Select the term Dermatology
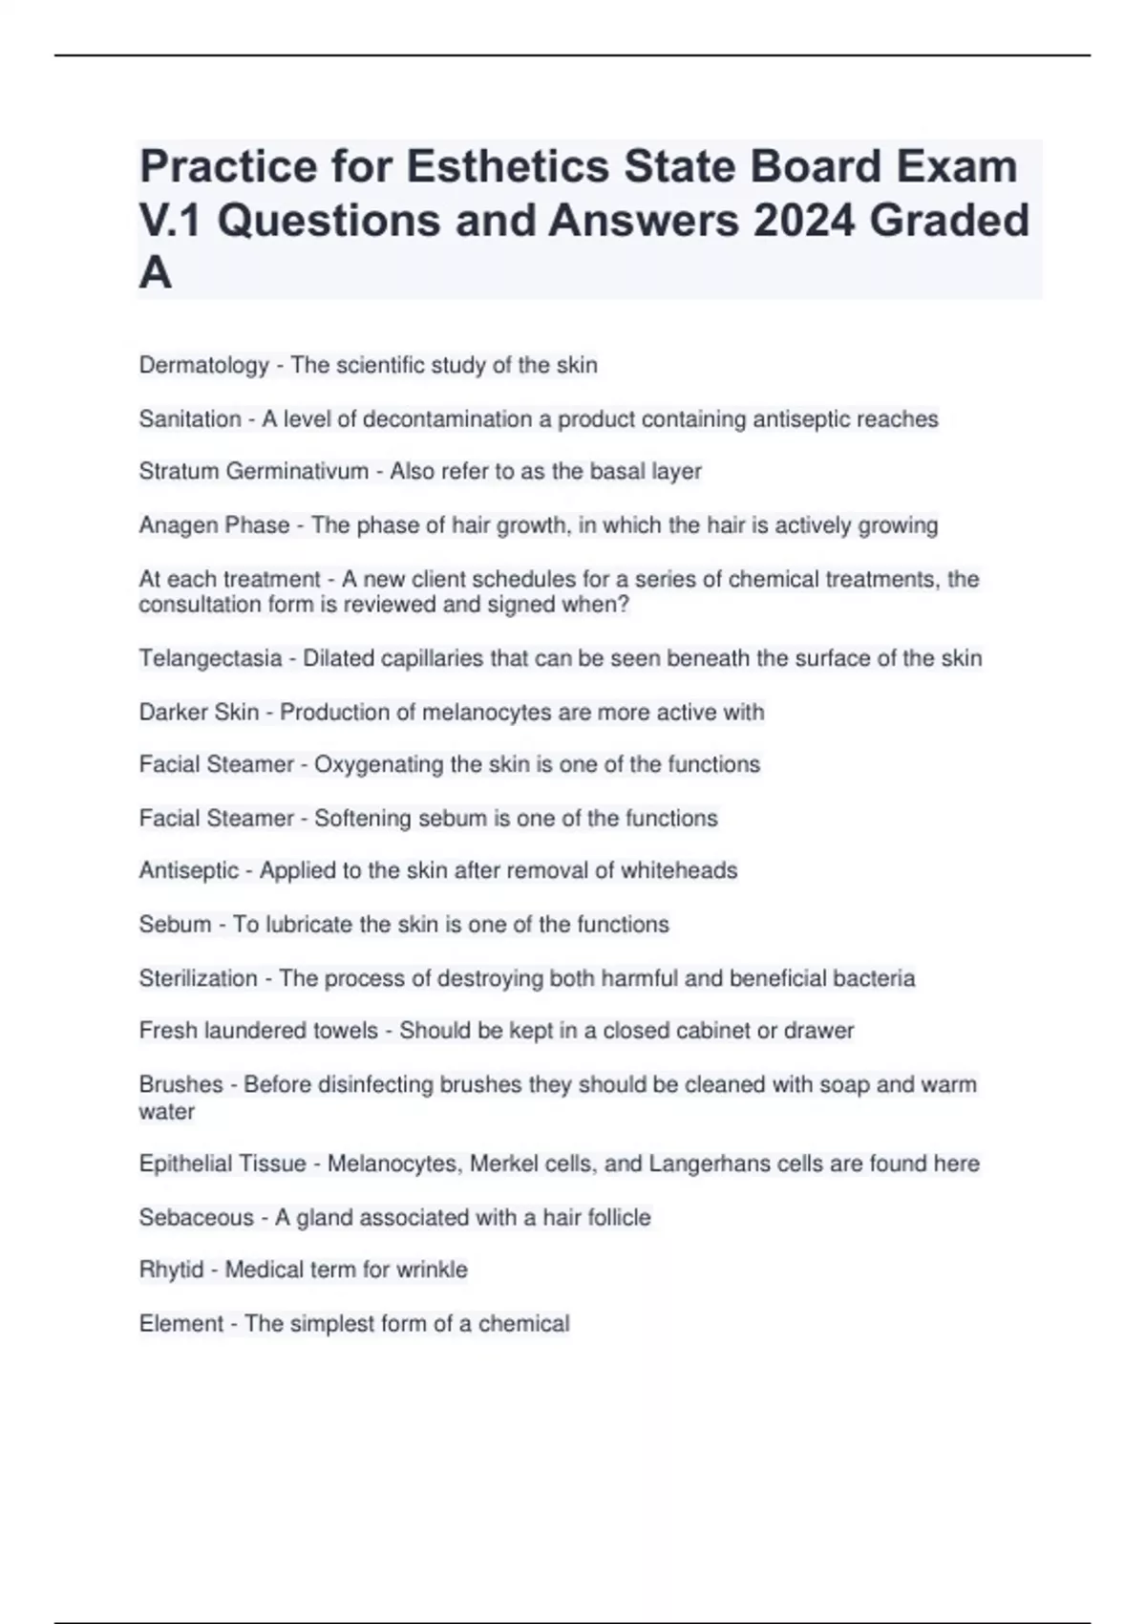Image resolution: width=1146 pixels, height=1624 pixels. click(x=203, y=365)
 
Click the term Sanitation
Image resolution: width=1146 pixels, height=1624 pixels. click(x=189, y=418)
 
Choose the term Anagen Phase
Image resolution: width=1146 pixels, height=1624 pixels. click(x=214, y=524)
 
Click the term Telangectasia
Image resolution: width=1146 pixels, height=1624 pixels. click(x=210, y=658)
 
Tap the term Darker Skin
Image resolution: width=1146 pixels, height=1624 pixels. click(x=199, y=712)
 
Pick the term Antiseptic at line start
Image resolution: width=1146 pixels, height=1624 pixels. click(x=188, y=870)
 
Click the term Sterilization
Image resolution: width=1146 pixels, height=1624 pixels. click(x=198, y=978)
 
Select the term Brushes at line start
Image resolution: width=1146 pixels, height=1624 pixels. click(x=180, y=1084)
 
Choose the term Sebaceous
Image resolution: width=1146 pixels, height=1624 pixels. click(x=196, y=1217)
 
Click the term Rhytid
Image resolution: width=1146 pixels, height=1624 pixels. click(x=171, y=1270)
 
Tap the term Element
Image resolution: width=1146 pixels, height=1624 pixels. click(x=180, y=1323)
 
